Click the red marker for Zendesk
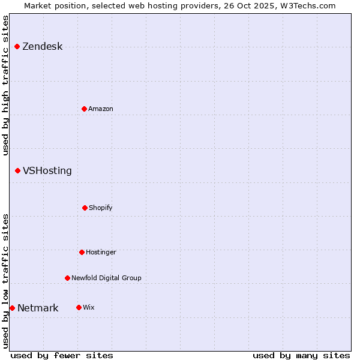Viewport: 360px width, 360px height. [17, 47]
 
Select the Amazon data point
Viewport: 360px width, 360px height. [84, 109]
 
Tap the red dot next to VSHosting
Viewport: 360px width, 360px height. [17, 171]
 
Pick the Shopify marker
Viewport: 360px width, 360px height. [85, 208]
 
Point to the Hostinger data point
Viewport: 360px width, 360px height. [82, 252]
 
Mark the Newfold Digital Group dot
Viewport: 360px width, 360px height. [67, 278]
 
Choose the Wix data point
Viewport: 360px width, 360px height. [79, 307]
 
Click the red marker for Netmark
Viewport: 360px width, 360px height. [12, 308]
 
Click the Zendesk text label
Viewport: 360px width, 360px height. [42, 47]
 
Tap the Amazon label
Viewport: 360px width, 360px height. [101, 109]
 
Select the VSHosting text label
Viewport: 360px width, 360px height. [47, 171]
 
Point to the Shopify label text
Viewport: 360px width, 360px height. [101, 208]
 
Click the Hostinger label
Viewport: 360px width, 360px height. [101, 252]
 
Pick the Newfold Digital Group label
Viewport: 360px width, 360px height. [106, 278]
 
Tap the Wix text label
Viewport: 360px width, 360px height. [89, 307]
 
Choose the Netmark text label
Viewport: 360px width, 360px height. [38, 308]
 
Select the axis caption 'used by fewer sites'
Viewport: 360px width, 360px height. [62, 355]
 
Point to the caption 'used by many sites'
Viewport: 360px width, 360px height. [301, 355]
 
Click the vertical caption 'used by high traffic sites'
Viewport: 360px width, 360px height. [5, 85]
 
